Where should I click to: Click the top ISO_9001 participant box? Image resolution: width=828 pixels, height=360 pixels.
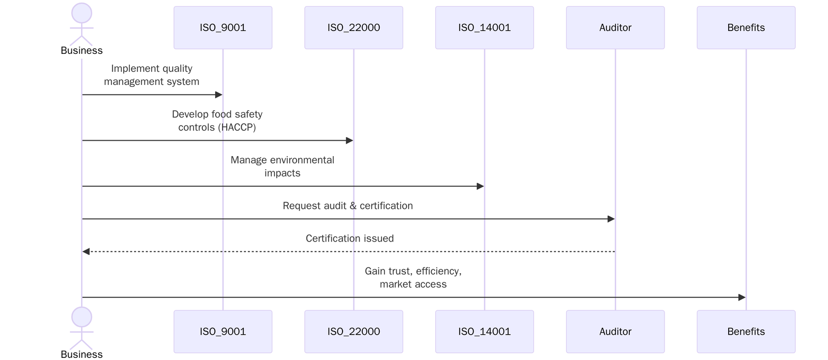[x=223, y=28]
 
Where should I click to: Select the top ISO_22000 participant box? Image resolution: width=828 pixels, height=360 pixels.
[x=353, y=28]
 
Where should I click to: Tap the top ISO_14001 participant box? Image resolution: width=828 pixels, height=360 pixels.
[x=484, y=28]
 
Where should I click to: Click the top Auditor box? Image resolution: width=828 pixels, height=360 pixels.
[x=615, y=28]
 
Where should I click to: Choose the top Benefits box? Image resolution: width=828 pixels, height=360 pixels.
[x=746, y=28]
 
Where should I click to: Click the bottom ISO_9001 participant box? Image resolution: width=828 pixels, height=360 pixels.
[x=223, y=332]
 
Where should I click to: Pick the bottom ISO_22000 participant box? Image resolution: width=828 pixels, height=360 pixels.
[x=353, y=332]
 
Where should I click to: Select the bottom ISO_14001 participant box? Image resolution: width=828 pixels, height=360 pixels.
[x=484, y=332]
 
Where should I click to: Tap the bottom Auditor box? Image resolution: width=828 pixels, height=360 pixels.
[x=615, y=332]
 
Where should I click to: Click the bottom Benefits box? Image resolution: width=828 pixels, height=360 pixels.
[x=746, y=332]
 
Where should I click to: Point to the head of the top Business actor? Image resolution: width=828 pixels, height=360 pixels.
[x=82, y=13]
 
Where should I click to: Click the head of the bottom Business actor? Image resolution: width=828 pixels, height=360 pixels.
[x=82, y=317]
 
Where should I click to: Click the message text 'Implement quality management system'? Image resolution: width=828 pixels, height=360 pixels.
[x=152, y=75]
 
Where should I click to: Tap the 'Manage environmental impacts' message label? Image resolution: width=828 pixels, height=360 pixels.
[x=282, y=167]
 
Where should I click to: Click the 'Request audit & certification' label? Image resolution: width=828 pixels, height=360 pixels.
[x=348, y=206]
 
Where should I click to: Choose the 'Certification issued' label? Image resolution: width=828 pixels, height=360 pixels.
[x=349, y=238]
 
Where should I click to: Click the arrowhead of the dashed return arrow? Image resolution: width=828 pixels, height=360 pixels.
[x=86, y=251]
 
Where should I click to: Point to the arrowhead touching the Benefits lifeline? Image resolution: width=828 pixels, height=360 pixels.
[x=742, y=297]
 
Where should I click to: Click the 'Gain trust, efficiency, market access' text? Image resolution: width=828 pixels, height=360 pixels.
[x=413, y=278]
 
